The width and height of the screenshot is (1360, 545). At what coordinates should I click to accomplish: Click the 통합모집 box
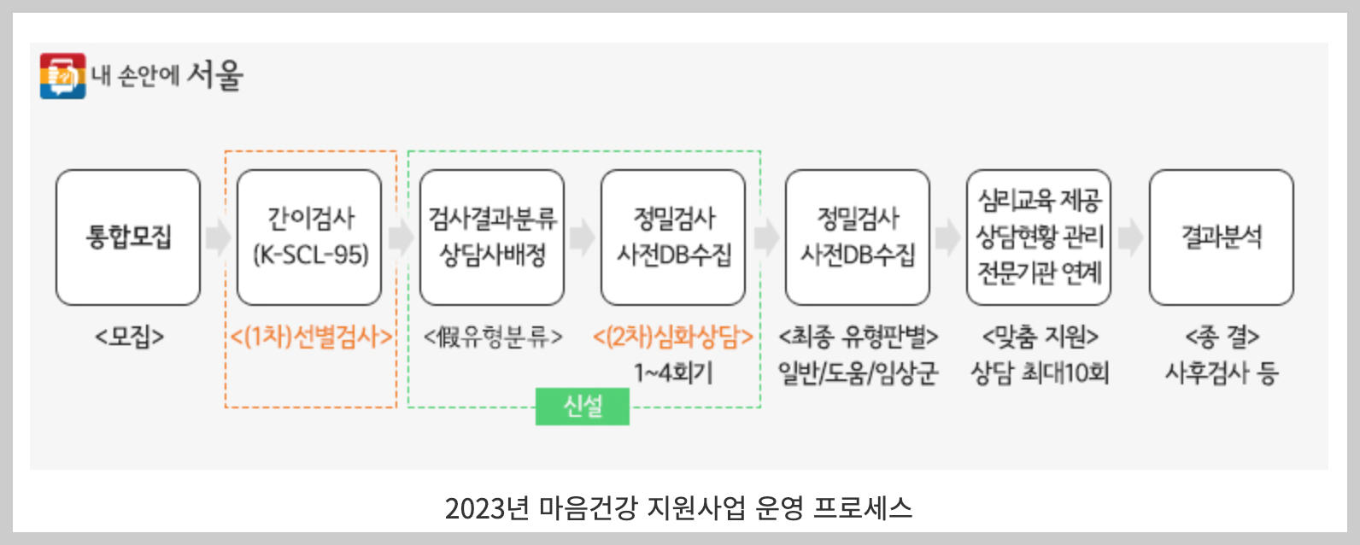click(x=128, y=237)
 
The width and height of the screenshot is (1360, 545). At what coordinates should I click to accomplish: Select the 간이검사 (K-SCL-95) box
click(x=309, y=237)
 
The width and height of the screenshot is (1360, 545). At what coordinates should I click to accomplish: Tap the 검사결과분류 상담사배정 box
click(x=492, y=237)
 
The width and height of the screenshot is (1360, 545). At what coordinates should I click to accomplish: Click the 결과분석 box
click(x=1221, y=237)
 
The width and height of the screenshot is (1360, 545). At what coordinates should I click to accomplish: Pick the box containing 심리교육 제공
click(x=1039, y=237)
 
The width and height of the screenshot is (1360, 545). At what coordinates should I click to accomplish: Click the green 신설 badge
click(x=583, y=407)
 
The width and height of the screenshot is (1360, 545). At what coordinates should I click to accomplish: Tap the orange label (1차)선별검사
click(x=311, y=337)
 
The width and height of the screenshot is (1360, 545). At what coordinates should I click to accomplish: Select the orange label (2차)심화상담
click(x=673, y=337)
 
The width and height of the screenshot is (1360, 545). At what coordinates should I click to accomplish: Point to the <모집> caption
click(x=129, y=337)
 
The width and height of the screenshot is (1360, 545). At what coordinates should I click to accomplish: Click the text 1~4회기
click(x=673, y=373)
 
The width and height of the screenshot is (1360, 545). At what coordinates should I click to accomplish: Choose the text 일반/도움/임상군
click(x=858, y=373)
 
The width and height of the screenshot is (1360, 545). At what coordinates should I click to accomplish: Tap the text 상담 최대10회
click(x=1040, y=373)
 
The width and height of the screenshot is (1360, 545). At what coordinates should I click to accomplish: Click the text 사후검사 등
click(x=1222, y=373)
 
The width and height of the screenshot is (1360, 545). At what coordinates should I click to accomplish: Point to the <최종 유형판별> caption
click(x=858, y=337)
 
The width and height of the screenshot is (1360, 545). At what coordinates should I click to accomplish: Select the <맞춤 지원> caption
click(x=1040, y=337)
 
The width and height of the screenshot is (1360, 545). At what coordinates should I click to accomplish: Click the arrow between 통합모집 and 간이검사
click(x=219, y=237)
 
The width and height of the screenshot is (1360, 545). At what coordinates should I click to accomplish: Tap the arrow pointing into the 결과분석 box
click(x=1130, y=237)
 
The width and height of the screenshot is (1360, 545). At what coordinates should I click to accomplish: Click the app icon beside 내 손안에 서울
click(x=62, y=76)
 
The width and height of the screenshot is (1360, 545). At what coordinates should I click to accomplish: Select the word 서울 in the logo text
click(x=215, y=75)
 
